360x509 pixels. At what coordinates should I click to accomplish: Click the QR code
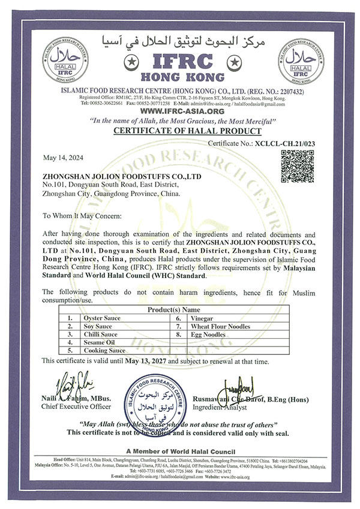pyautogui.click(x=297, y=164)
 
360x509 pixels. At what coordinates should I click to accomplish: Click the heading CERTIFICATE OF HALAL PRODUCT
pyautogui.click(x=179, y=130)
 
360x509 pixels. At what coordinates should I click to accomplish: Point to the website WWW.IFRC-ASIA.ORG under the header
pyautogui.click(x=180, y=111)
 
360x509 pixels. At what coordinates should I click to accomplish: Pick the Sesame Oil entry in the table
pyautogui.click(x=103, y=342)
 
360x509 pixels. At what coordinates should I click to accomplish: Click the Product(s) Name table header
pyautogui.click(x=179, y=310)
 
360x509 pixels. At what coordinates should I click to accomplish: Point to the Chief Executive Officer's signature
pyautogui.click(x=72, y=382)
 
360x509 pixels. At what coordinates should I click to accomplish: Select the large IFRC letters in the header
pyautogui.click(x=179, y=61)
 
